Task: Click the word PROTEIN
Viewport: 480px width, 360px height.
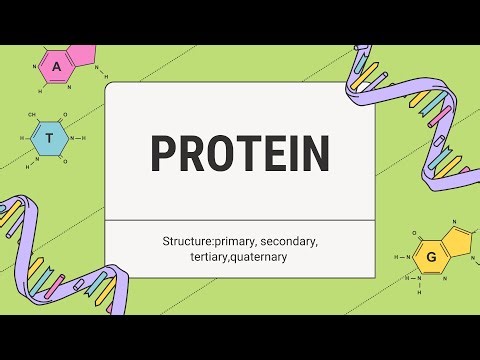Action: click(240, 153)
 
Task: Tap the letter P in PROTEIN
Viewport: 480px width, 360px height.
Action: click(162, 153)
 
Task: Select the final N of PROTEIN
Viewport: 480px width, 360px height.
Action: click(315, 153)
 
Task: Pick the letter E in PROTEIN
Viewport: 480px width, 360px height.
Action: click(270, 153)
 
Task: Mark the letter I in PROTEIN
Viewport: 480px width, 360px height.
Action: click(291, 153)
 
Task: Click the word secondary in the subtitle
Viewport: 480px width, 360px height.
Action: click(286, 242)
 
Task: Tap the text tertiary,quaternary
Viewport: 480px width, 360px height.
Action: click(239, 257)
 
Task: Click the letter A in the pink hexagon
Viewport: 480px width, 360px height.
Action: click(57, 67)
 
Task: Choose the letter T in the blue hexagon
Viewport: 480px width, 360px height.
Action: click(48, 139)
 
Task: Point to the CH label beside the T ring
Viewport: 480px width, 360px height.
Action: click(32, 116)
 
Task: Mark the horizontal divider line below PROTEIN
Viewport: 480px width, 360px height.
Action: click(240, 220)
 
